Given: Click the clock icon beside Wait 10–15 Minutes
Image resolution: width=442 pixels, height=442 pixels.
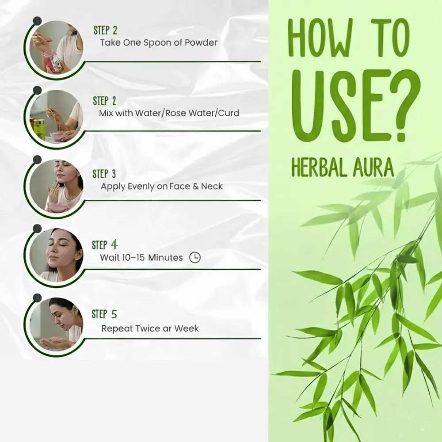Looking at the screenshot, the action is pos(195,257).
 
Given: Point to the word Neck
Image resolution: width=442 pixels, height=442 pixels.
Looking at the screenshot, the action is pos(212,187).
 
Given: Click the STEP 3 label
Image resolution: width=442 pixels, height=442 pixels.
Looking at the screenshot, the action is pos(104,174).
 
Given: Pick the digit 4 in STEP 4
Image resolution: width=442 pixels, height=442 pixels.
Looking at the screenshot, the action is pos(114,245).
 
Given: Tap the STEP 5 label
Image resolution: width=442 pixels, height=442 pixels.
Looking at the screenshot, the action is pos(104,314).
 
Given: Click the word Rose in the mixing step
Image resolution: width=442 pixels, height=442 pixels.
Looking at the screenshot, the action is pos(175,113).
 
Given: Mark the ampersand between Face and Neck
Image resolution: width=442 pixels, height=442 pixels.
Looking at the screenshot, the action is pos(196,187).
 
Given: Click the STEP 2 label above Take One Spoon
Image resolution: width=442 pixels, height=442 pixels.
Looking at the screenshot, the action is pos(106,30).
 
